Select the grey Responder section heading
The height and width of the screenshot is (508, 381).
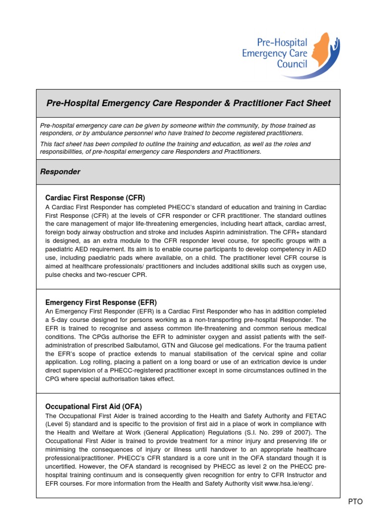(x=60, y=172)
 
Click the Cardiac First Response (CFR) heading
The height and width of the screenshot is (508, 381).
(x=95, y=197)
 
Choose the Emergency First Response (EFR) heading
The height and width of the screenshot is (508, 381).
(x=101, y=302)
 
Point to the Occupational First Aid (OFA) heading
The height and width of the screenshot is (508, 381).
(x=94, y=406)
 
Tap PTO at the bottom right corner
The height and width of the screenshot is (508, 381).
(x=355, y=502)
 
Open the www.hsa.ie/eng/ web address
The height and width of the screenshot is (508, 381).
(x=288, y=484)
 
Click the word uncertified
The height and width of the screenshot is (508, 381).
(x=63, y=466)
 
